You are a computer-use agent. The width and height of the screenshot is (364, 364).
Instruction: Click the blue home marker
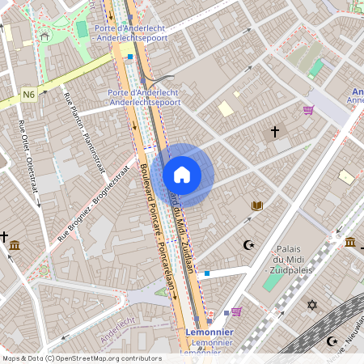click(x=181, y=175)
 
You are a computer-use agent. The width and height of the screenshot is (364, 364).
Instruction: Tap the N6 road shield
click(x=29, y=95)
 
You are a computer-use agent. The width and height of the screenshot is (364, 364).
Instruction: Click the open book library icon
click(x=257, y=206)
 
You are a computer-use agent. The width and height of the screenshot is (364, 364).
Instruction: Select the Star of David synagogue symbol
click(x=311, y=305)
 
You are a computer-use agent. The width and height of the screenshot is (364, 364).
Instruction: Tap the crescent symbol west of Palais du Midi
click(x=248, y=244)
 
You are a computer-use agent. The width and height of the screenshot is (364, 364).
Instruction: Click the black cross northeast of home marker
click(x=274, y=131)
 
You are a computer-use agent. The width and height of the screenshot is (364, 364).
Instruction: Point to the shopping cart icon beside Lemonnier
click(x=236, y=311)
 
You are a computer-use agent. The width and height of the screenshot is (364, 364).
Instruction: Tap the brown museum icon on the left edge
click(x=15, y=245)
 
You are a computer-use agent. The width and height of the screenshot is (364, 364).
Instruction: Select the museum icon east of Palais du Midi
click(x=350, y=242)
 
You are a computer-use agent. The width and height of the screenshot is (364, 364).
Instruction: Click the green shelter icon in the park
click(x=44, y=36)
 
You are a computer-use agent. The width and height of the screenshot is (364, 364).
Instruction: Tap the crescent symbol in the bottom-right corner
click(x=331, y=341)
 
